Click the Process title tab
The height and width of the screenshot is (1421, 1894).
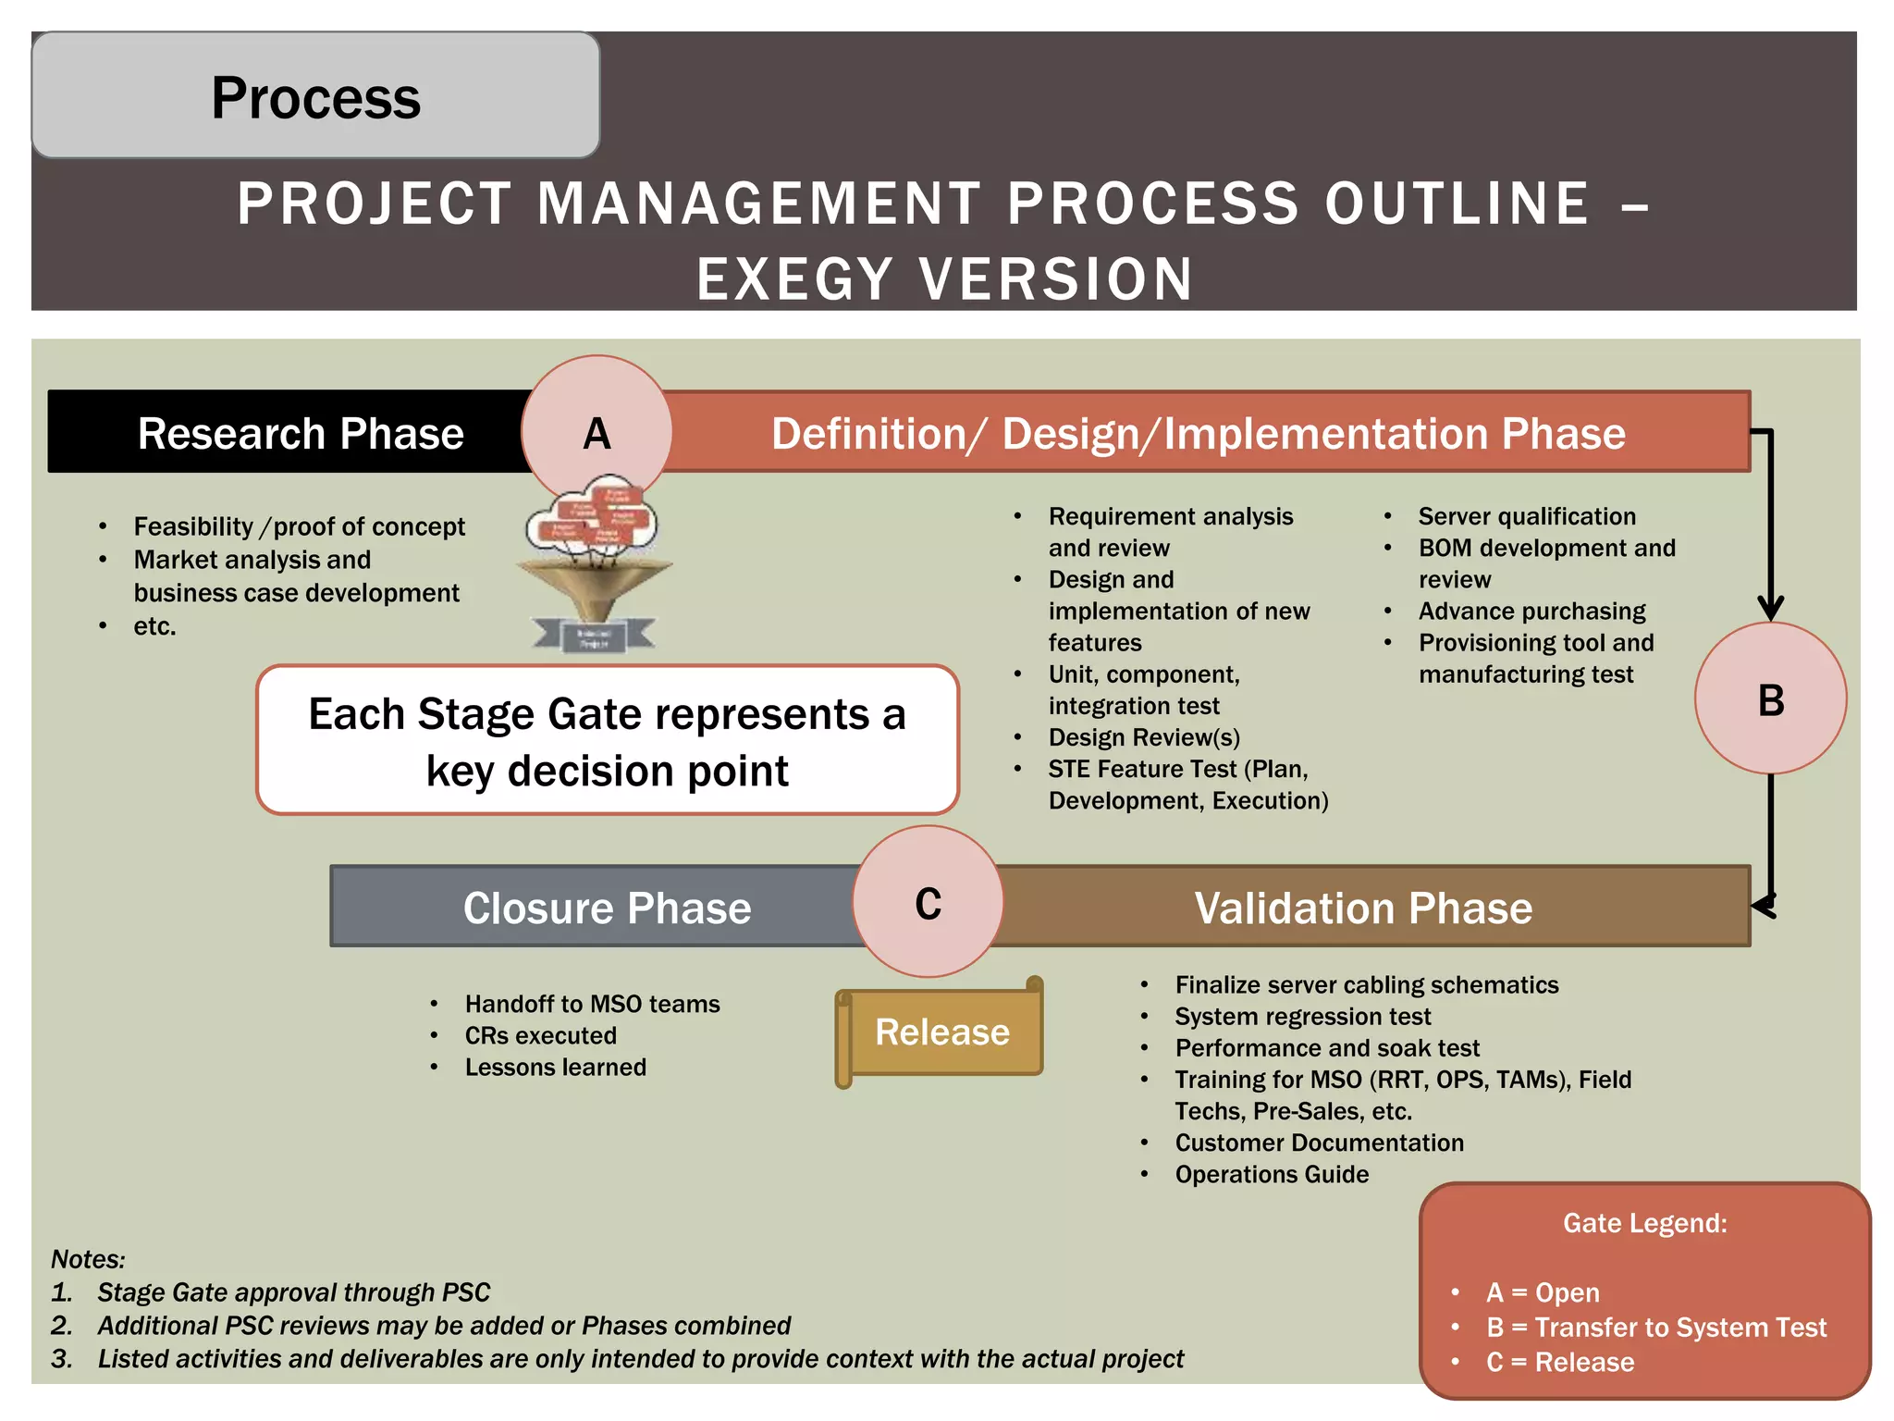coord(315,96)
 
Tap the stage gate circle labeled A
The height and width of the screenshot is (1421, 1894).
coord(596,432)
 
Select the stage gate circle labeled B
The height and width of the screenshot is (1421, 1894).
coord(1770,698)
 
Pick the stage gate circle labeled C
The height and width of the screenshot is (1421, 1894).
coord(928,902)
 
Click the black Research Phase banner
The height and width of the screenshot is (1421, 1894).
coord(287,432)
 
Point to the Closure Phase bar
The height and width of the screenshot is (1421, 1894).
coord(592,907)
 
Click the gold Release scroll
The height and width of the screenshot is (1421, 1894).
coord(941,1032)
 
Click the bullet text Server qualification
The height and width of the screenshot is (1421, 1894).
coord(1527,516)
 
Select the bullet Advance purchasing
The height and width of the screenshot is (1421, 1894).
coord(1531,611)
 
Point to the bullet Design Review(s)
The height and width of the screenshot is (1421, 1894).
coord(1144,737)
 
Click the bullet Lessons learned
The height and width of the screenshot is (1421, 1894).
coord(555,1067)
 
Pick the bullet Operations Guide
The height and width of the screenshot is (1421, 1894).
coord(1272,1174)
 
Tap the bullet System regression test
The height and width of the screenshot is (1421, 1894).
coord(1302,1016)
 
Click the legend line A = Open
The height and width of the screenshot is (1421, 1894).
coord(1543,1292)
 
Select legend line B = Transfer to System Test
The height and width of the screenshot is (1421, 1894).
coord(1655,1327)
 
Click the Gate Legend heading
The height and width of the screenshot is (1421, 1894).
coord(1644,1223)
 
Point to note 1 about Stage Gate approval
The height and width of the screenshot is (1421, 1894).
coord(293,1291)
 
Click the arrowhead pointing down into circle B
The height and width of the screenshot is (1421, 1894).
coord(1770,608)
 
